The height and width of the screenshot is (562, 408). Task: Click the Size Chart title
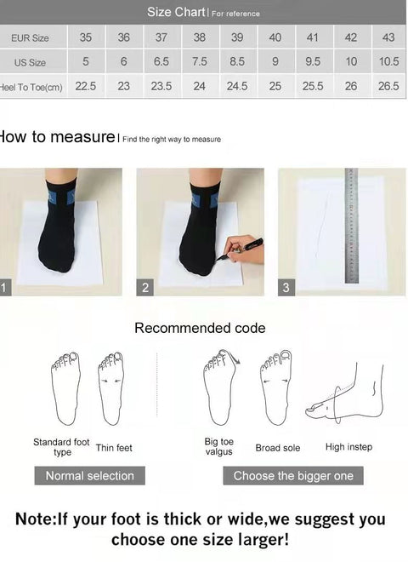click(x=177, y=12)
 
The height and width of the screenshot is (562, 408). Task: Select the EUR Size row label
click(x=30, y=38)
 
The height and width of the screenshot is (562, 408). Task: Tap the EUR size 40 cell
click(x=275, y=37)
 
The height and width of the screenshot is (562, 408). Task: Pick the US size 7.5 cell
click(x=200, y=62)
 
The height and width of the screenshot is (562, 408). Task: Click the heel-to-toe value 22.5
click(x=86, y=86)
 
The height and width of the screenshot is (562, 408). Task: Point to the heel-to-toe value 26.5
click(x=388, y=86)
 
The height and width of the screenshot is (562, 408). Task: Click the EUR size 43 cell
click(x=388, y=37)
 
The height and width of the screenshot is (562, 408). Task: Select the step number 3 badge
click(x=286, y=288)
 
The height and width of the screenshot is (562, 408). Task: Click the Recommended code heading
click(x=200, y=328)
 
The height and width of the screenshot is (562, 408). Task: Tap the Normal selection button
click(x=90, y=475)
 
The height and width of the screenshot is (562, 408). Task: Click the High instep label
click(x=348, y=447)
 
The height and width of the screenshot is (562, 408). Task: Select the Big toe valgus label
click(x=219, y=447)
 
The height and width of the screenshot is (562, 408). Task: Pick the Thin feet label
click(x=114, y=448)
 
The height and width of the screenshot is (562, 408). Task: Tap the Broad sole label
click(x=278, y=448)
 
